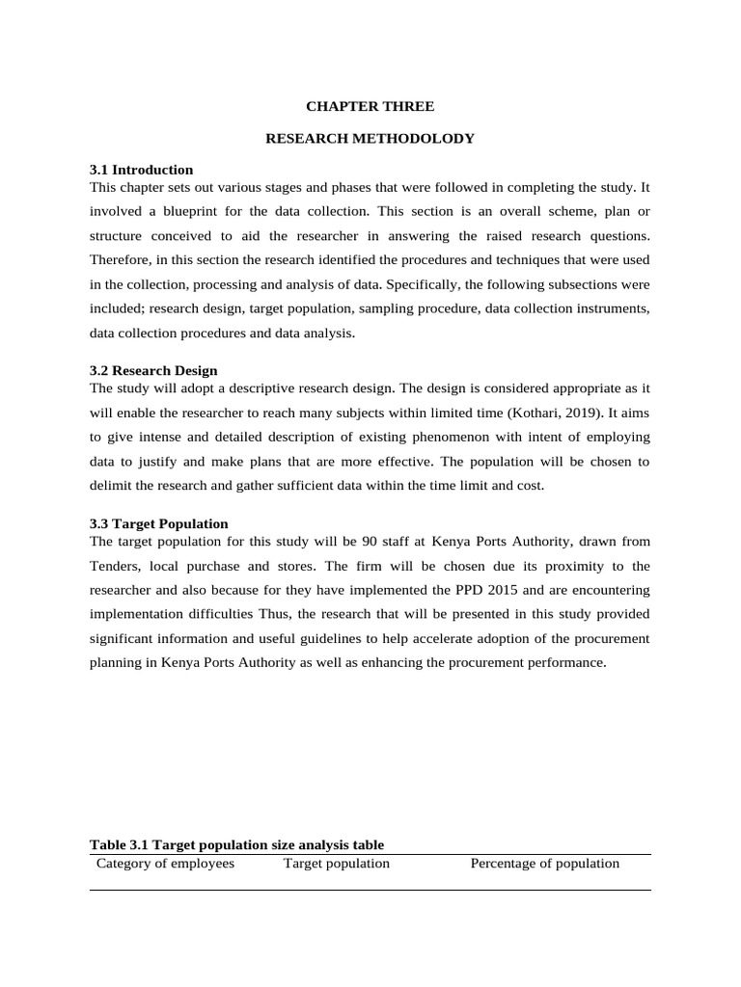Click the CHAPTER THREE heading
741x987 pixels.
(370, 106)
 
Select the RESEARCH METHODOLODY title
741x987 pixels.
(370, 139)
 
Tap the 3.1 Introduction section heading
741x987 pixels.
(141, 170)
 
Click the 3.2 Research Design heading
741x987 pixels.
(153, 370)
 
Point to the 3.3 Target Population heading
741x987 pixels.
(158, 523)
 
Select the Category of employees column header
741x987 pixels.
(165, 864)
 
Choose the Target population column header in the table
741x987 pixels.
(336, 864)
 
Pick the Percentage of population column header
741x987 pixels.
(544, 864)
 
